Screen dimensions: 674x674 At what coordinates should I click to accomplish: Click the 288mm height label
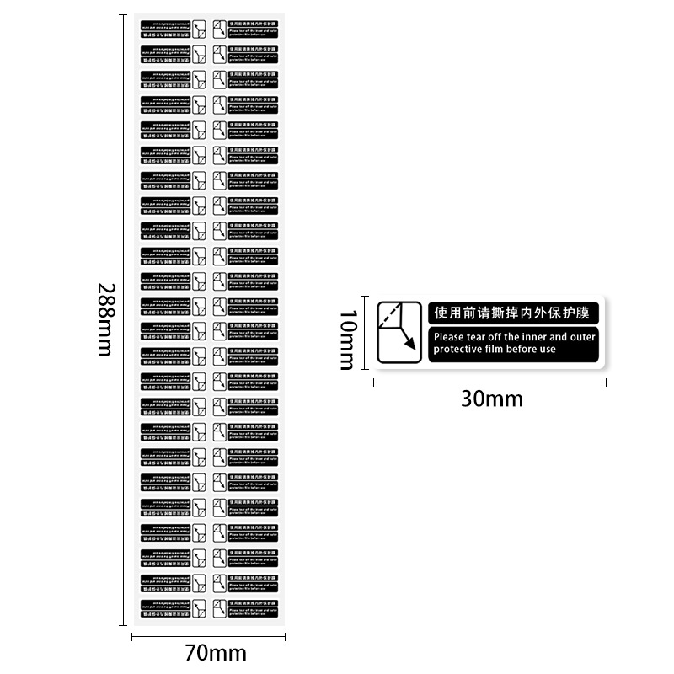pos(104,318)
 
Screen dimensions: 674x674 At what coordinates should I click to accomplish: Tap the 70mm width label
pos(216,652)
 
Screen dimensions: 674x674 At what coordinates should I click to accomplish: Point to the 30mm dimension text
pos(491,398)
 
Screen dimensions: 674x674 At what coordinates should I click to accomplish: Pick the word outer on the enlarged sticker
pos(582,337)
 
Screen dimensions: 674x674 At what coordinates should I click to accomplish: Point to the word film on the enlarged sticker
pos(500,349)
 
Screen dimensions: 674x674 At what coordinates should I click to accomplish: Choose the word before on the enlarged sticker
pos(527,349)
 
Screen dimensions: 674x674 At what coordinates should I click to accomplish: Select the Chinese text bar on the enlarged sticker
pos(513,313)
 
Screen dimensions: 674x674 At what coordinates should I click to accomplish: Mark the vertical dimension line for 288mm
pos(126,318)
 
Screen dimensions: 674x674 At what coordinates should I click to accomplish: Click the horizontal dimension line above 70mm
pos(208,637)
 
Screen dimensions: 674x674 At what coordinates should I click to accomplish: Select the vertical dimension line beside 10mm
pos(365,332)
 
